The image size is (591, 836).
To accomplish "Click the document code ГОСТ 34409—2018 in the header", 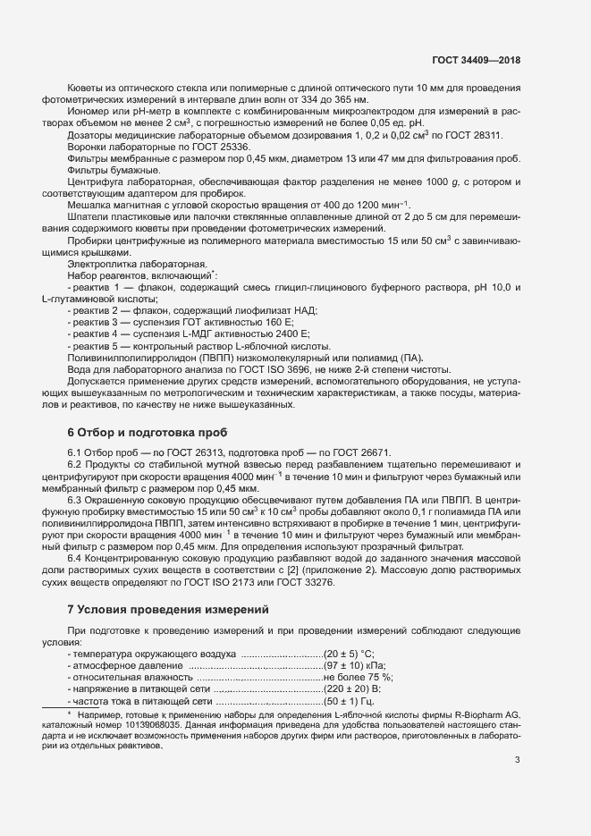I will pyautogui.click(x=476, y=60).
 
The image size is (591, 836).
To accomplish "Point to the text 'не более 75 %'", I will pyautogui.click(x=359, y=678).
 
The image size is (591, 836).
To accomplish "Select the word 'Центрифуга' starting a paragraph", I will pyautogui.click(x=93, y=181).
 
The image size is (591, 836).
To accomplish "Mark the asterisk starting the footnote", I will pyautogui.click(x=69, y=714).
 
